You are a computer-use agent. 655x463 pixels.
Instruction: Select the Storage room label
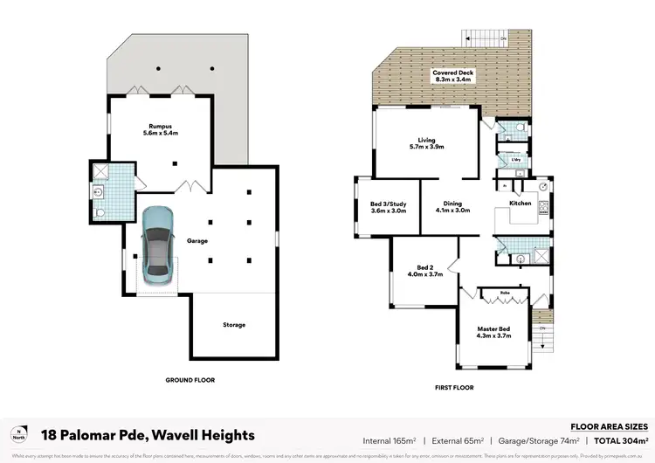[233, 325]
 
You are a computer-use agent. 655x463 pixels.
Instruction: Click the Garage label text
[196, 240]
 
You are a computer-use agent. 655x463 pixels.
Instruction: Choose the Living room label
[426, 143]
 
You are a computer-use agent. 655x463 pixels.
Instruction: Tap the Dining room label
[452, 206]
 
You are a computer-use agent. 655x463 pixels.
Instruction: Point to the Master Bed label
[493, 332]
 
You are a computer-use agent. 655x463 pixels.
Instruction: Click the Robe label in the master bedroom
[505, 293]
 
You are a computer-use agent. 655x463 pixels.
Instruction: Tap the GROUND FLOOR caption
[190, 380]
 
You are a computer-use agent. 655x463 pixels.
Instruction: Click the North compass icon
[19, 434]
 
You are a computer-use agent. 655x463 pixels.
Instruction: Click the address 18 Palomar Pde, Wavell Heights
[148, 434]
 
